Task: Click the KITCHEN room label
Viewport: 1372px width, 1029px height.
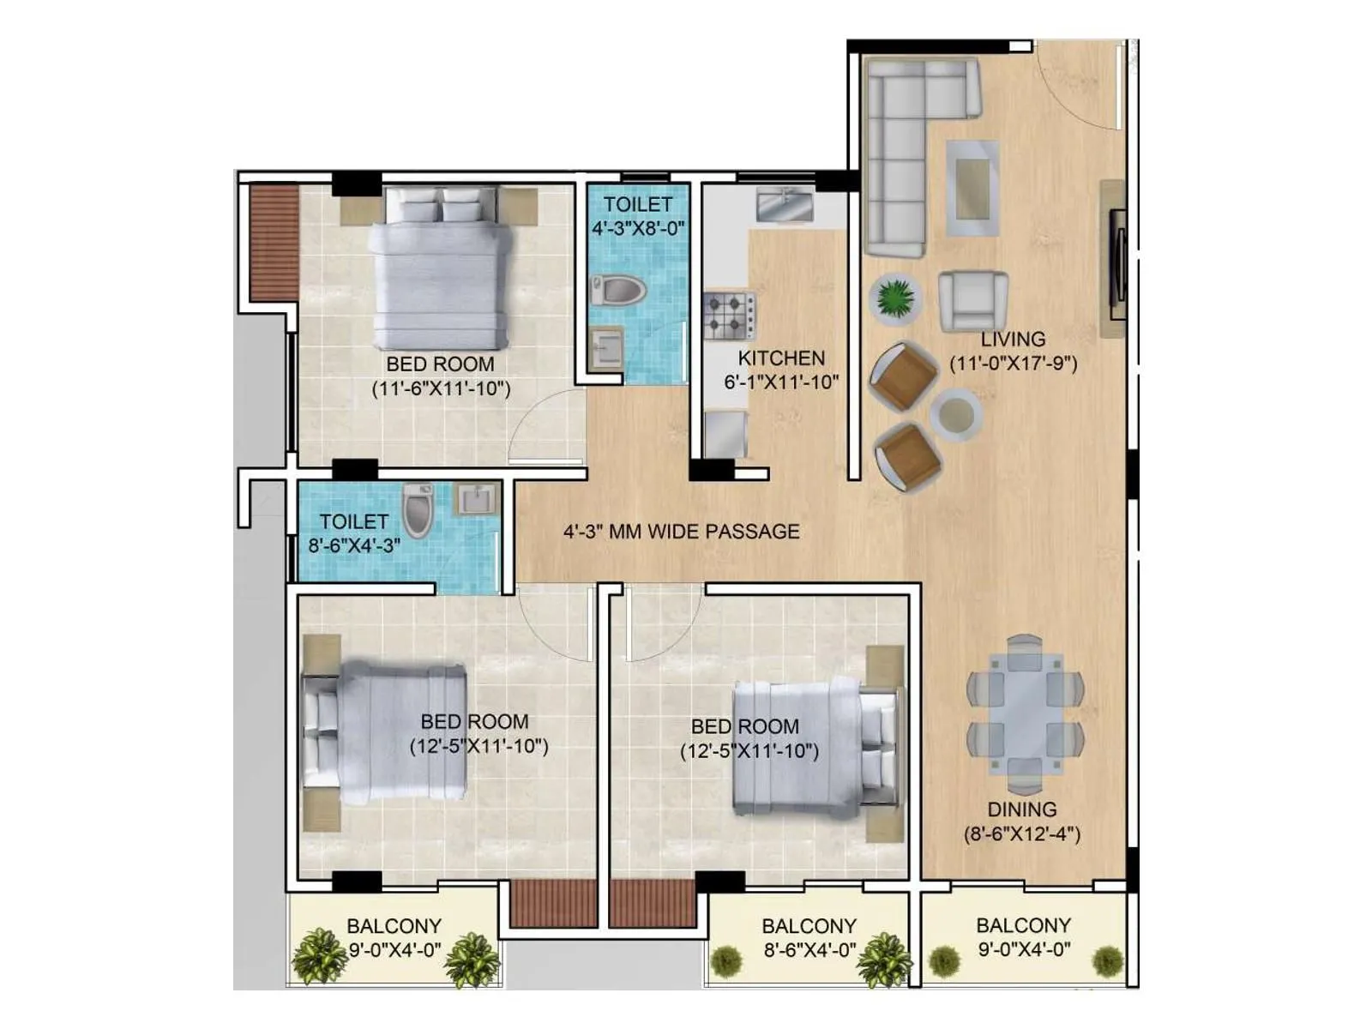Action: click(781, 358)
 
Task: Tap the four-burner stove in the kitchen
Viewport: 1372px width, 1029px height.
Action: click(729, 316)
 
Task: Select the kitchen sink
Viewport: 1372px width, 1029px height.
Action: click(785, 206)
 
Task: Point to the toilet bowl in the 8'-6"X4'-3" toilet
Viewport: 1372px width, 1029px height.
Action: click(418, 510)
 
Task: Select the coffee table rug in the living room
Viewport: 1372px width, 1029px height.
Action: click(972, 189)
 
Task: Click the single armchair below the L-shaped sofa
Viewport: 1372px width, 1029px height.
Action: click(972, 301)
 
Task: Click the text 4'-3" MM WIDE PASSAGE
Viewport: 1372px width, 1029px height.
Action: click(681, 532)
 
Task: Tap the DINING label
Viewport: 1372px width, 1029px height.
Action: click(1022, 809)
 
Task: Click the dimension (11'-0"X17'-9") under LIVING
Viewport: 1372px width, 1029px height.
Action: click(1014, 363)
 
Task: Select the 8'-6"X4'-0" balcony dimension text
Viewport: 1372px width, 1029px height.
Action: click(809, 950)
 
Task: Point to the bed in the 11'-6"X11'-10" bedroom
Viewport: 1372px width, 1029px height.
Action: click(439, 270)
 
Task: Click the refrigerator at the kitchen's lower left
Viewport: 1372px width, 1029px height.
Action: click(725, 434)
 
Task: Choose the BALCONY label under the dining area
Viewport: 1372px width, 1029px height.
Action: click(1023, 925)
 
